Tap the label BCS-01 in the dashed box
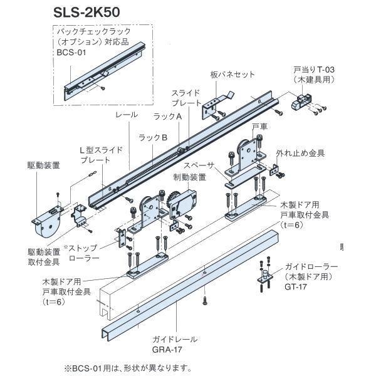pyautogui.click(x=71, y=53)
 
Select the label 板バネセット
pyautogui.click(x=232, y=75)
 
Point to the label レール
pyautogui.click(x=123, y=116)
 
